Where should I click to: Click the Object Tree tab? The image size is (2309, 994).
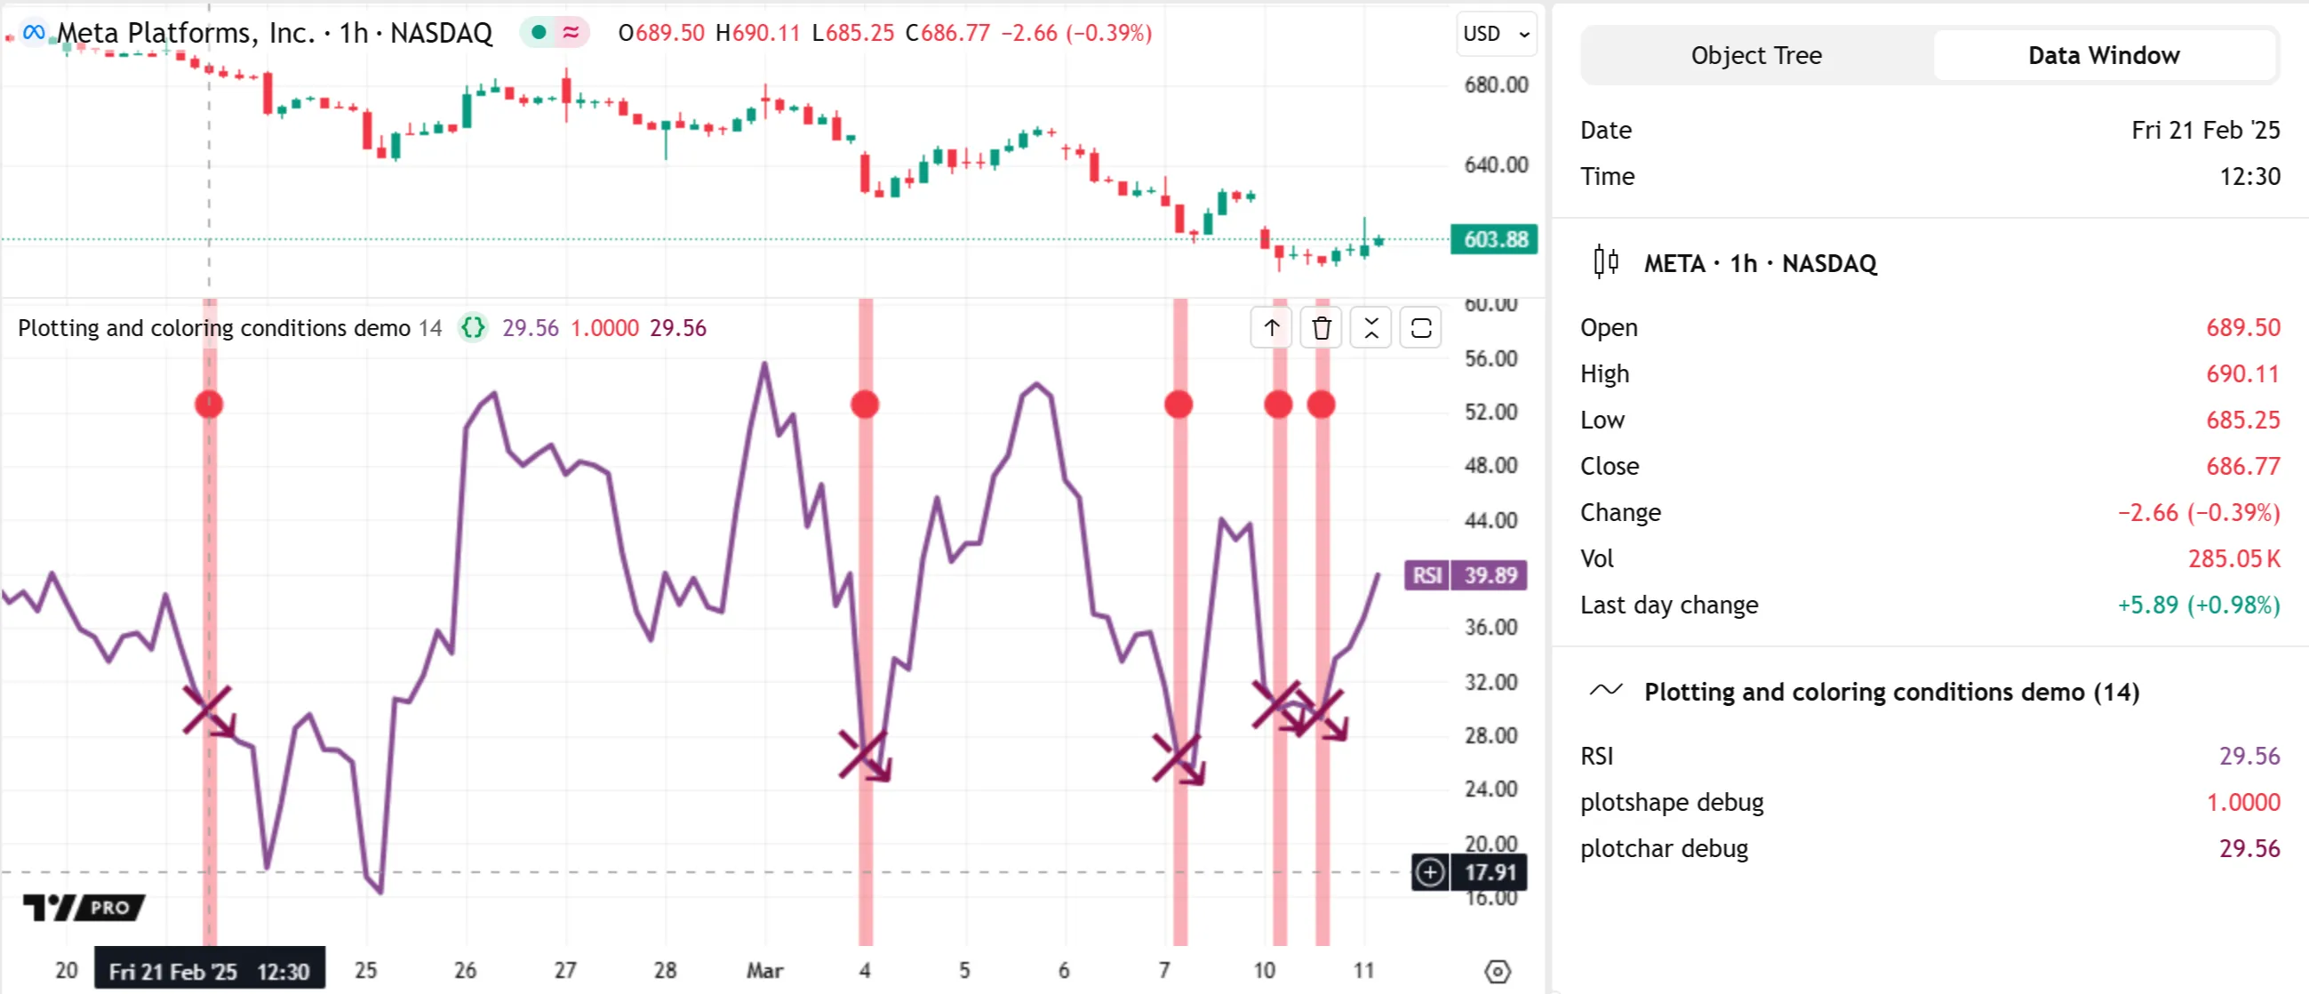[x=1755, y=56]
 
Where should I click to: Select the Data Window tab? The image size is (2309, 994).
[x=2103, y=56]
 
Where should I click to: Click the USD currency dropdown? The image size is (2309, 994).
[x=1495, y=34]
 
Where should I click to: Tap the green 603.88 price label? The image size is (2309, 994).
[x=1494, y=239]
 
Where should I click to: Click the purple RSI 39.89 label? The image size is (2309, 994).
[x=1466, y=574]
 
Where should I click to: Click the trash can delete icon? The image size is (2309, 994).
[x=1322, y=328]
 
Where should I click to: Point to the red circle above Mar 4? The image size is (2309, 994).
[x=865, y=405]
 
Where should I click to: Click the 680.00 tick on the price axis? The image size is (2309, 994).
[x=1495, y=85]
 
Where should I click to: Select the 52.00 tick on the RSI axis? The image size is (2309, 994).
[x=1490, y=413]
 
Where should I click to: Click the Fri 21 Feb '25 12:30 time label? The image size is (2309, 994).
[x=209, y=971]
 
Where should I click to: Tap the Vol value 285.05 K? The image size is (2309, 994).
[x=2233, y=558]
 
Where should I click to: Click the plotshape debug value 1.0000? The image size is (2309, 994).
[x=2242, y=802]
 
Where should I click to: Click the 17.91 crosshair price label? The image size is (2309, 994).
[x=1490, y=872]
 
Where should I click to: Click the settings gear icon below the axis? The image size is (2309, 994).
[x=1497, y=971]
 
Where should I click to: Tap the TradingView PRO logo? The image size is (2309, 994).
[x=84, y=907]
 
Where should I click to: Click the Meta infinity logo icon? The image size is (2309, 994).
[x=33, y=33]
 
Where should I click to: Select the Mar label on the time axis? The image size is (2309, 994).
[x=764, y=971]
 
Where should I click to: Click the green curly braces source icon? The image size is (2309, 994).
[x=473, y=328]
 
